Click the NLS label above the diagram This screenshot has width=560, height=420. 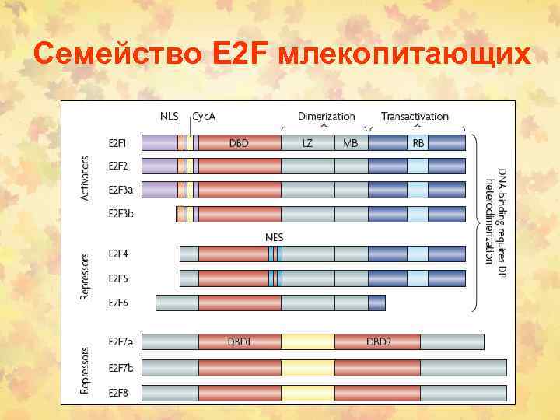(x=169, y=116)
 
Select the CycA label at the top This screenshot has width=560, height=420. (x=204, y=116)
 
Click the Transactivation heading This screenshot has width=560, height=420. (x=415, y=116)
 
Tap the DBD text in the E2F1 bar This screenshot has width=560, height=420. (x=239, y=142)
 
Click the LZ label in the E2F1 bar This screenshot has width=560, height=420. (x=307, y=142)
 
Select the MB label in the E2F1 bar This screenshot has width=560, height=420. (x=350, y=142)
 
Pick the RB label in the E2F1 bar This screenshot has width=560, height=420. (x=418, y=142)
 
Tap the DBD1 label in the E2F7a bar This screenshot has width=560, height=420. (x=239, y=341)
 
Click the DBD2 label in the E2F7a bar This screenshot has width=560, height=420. (x=377, y=341)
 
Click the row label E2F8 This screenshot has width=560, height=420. (x=118, y=392)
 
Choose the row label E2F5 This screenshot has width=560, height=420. (x=118, y=278)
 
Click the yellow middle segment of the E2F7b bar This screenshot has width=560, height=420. (x=308, y=367)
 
